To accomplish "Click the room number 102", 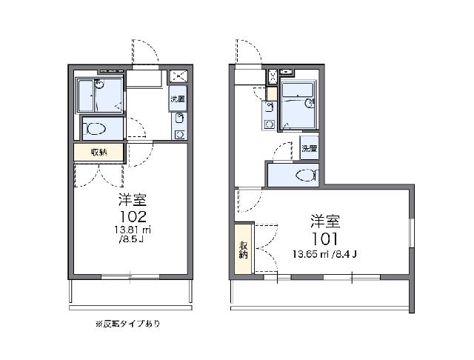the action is [x=133, y=216].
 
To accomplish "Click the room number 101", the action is [x=324, y=239].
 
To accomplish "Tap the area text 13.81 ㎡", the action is [x=133, y=230].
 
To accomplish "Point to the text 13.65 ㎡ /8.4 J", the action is [x=324, y=254].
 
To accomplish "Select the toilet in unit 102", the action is [x=96, y=129].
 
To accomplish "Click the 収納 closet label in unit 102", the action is [x=99, y=152].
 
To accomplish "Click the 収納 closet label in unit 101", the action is [x=244, y=250].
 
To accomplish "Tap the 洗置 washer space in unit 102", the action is [x=178, y=99].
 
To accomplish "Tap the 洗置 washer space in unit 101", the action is [x=310, y=148].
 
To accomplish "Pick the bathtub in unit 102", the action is [x=86, y=95].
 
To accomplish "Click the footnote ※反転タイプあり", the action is [x=128, y=324].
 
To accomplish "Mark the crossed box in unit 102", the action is [x=178, y=76].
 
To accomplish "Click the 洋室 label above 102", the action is [x=133, y=200].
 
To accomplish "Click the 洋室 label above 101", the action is [x=325, y=221].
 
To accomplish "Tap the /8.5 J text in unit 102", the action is [x=132, y=240].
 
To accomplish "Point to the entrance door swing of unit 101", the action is [x=248, y=51].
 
